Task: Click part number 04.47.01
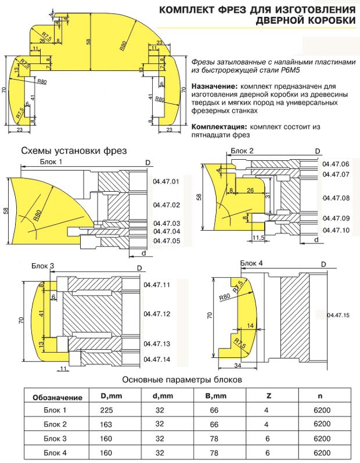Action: (166, 182)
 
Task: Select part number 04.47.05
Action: (166, 241)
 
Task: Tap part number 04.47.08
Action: (336, 199)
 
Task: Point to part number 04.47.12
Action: (156, 314)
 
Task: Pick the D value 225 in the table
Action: (107, 411)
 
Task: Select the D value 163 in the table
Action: (107, 425)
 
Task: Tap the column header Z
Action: (268, 397)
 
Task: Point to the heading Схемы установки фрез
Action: (74, 151)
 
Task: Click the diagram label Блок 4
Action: (252, 263)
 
